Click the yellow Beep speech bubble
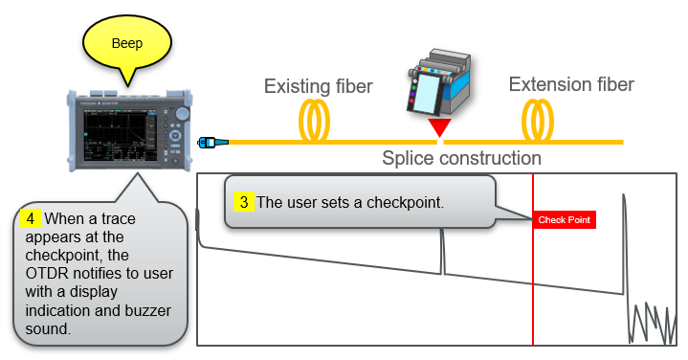pos(127,43)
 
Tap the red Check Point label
pos(565,220)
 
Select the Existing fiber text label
pos(318,87)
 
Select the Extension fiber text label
pos(570,84)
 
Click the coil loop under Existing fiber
pos(317,123)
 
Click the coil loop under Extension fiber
pos(536,123)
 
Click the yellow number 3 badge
pos(244,202)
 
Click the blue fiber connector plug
pos(212,143)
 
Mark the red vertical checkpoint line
pos(533,287)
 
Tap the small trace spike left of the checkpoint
pos(442,254)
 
